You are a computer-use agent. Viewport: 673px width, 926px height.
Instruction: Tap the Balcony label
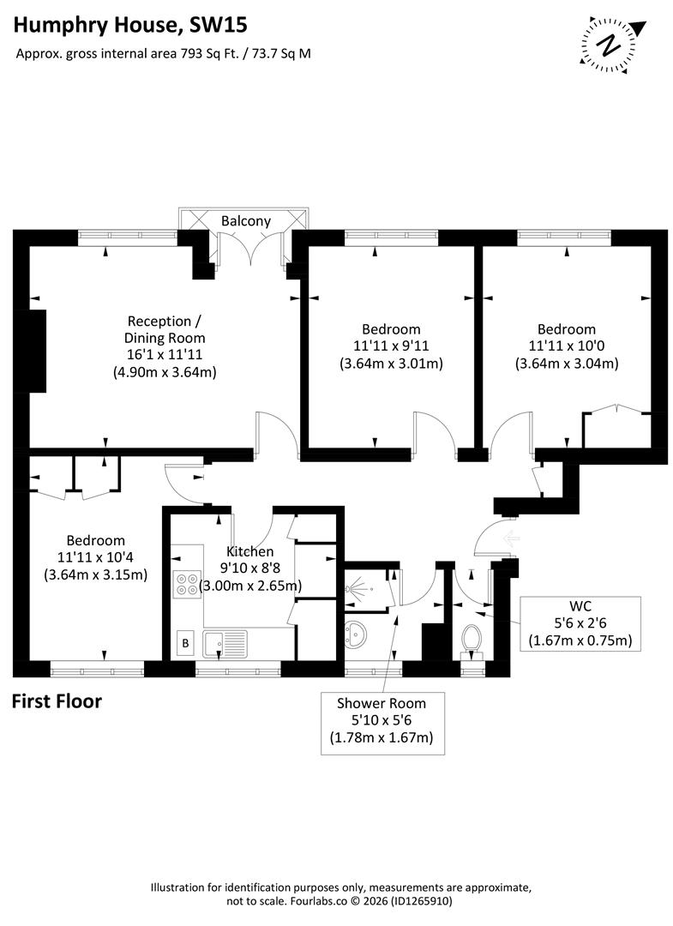click(246, 221)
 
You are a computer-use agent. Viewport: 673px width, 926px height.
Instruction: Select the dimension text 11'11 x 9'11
click(391, 346)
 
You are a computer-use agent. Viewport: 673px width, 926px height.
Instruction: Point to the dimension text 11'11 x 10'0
click(567, 346)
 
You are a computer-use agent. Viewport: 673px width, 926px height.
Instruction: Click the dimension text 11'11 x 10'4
click(96, 557)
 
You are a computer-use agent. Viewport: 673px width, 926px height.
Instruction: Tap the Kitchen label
click(249, 551)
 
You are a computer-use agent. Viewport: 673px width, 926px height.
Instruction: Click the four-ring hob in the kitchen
click(186, 585)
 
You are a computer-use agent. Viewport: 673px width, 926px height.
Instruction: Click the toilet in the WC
click(472, 639)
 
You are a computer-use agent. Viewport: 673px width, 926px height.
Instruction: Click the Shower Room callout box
click(382, 720)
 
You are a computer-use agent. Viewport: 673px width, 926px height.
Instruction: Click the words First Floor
click(57, 701)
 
